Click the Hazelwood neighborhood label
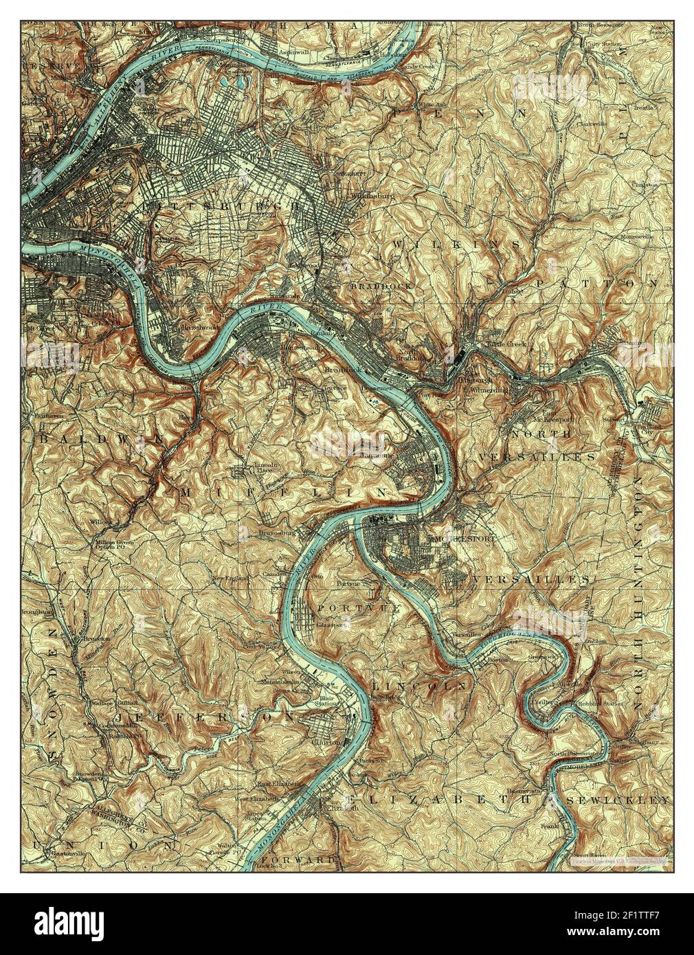coord(194,328)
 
